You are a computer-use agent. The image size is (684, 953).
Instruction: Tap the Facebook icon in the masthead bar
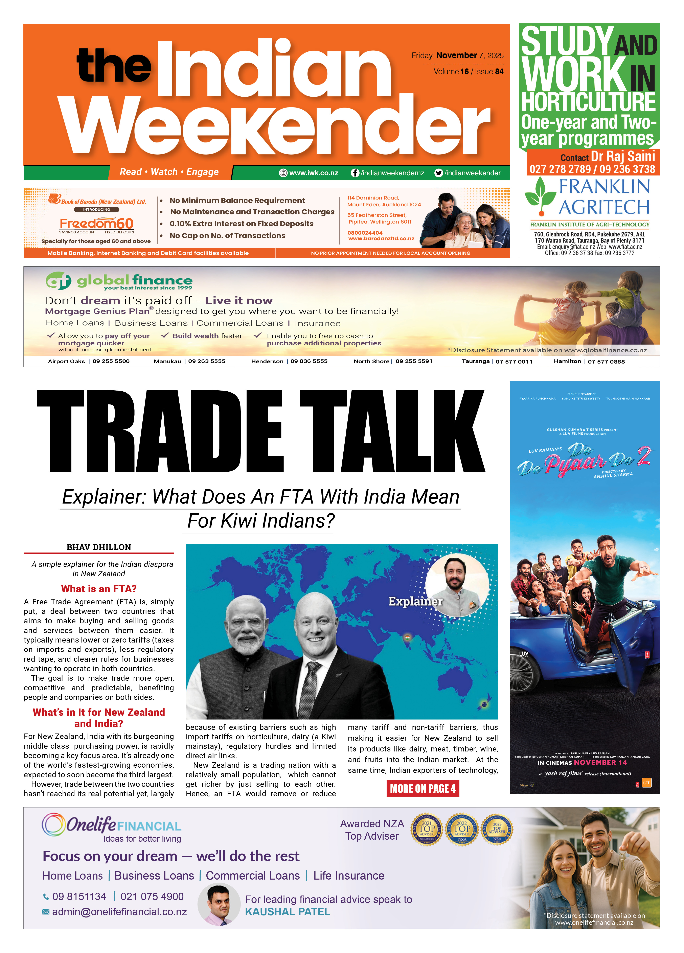[x=355, y=173]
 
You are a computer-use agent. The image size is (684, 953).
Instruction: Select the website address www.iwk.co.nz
[x=313, y=173]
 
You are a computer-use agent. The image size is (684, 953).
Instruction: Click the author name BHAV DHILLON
[x=99, y=547]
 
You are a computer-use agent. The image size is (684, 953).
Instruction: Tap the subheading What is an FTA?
[x=99, y=589]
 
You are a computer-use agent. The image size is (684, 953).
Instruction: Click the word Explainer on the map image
[x=415, y=601]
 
